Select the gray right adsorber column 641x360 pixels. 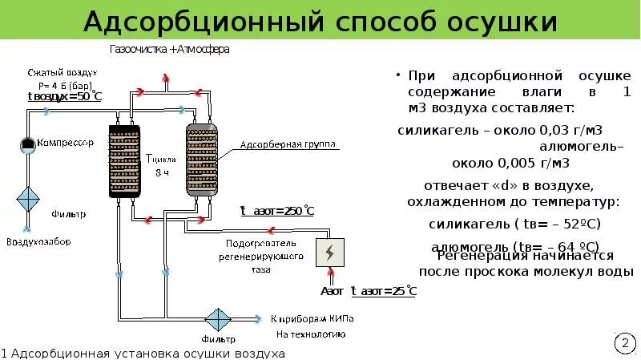pyautogui.click(x=202, y=160)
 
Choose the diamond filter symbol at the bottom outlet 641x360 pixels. pyautogui.click(x=217, y=320)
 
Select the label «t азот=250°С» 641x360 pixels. pyautogui.click(x=277, y=211)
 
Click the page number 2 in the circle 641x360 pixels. pyautogui.click(x=624, y=344)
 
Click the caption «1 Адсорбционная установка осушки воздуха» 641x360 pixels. pyautogui.click(x=143, y=353)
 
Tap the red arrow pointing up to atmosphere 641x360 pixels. pyautogui.click(x=167, y=78)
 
